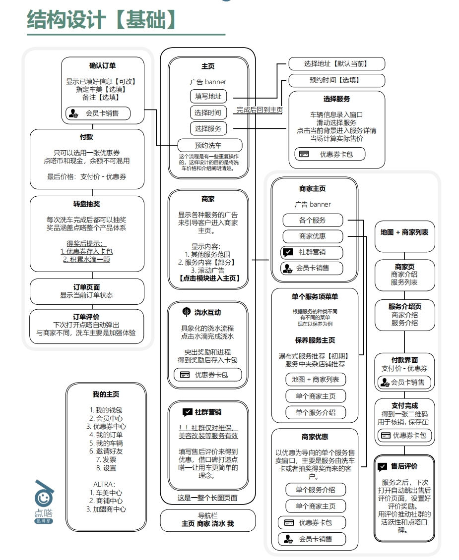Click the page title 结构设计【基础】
point(102,19)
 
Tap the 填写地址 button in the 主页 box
point(208,96)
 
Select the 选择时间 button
point(208,112)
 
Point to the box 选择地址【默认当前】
point(336,63)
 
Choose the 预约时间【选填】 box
point(336,80)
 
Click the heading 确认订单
point(103,65)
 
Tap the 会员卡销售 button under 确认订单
point(98,113)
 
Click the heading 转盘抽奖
point(87,204)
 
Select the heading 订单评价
point(86,317)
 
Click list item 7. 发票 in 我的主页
point(106,459)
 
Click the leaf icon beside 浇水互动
point(186,312)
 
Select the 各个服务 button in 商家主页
point(312,220)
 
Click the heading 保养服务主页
point(315,340)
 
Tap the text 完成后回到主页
point(260,110)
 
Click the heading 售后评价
point(404,466)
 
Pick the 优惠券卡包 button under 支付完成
point(404,436)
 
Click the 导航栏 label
point(207,515)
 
